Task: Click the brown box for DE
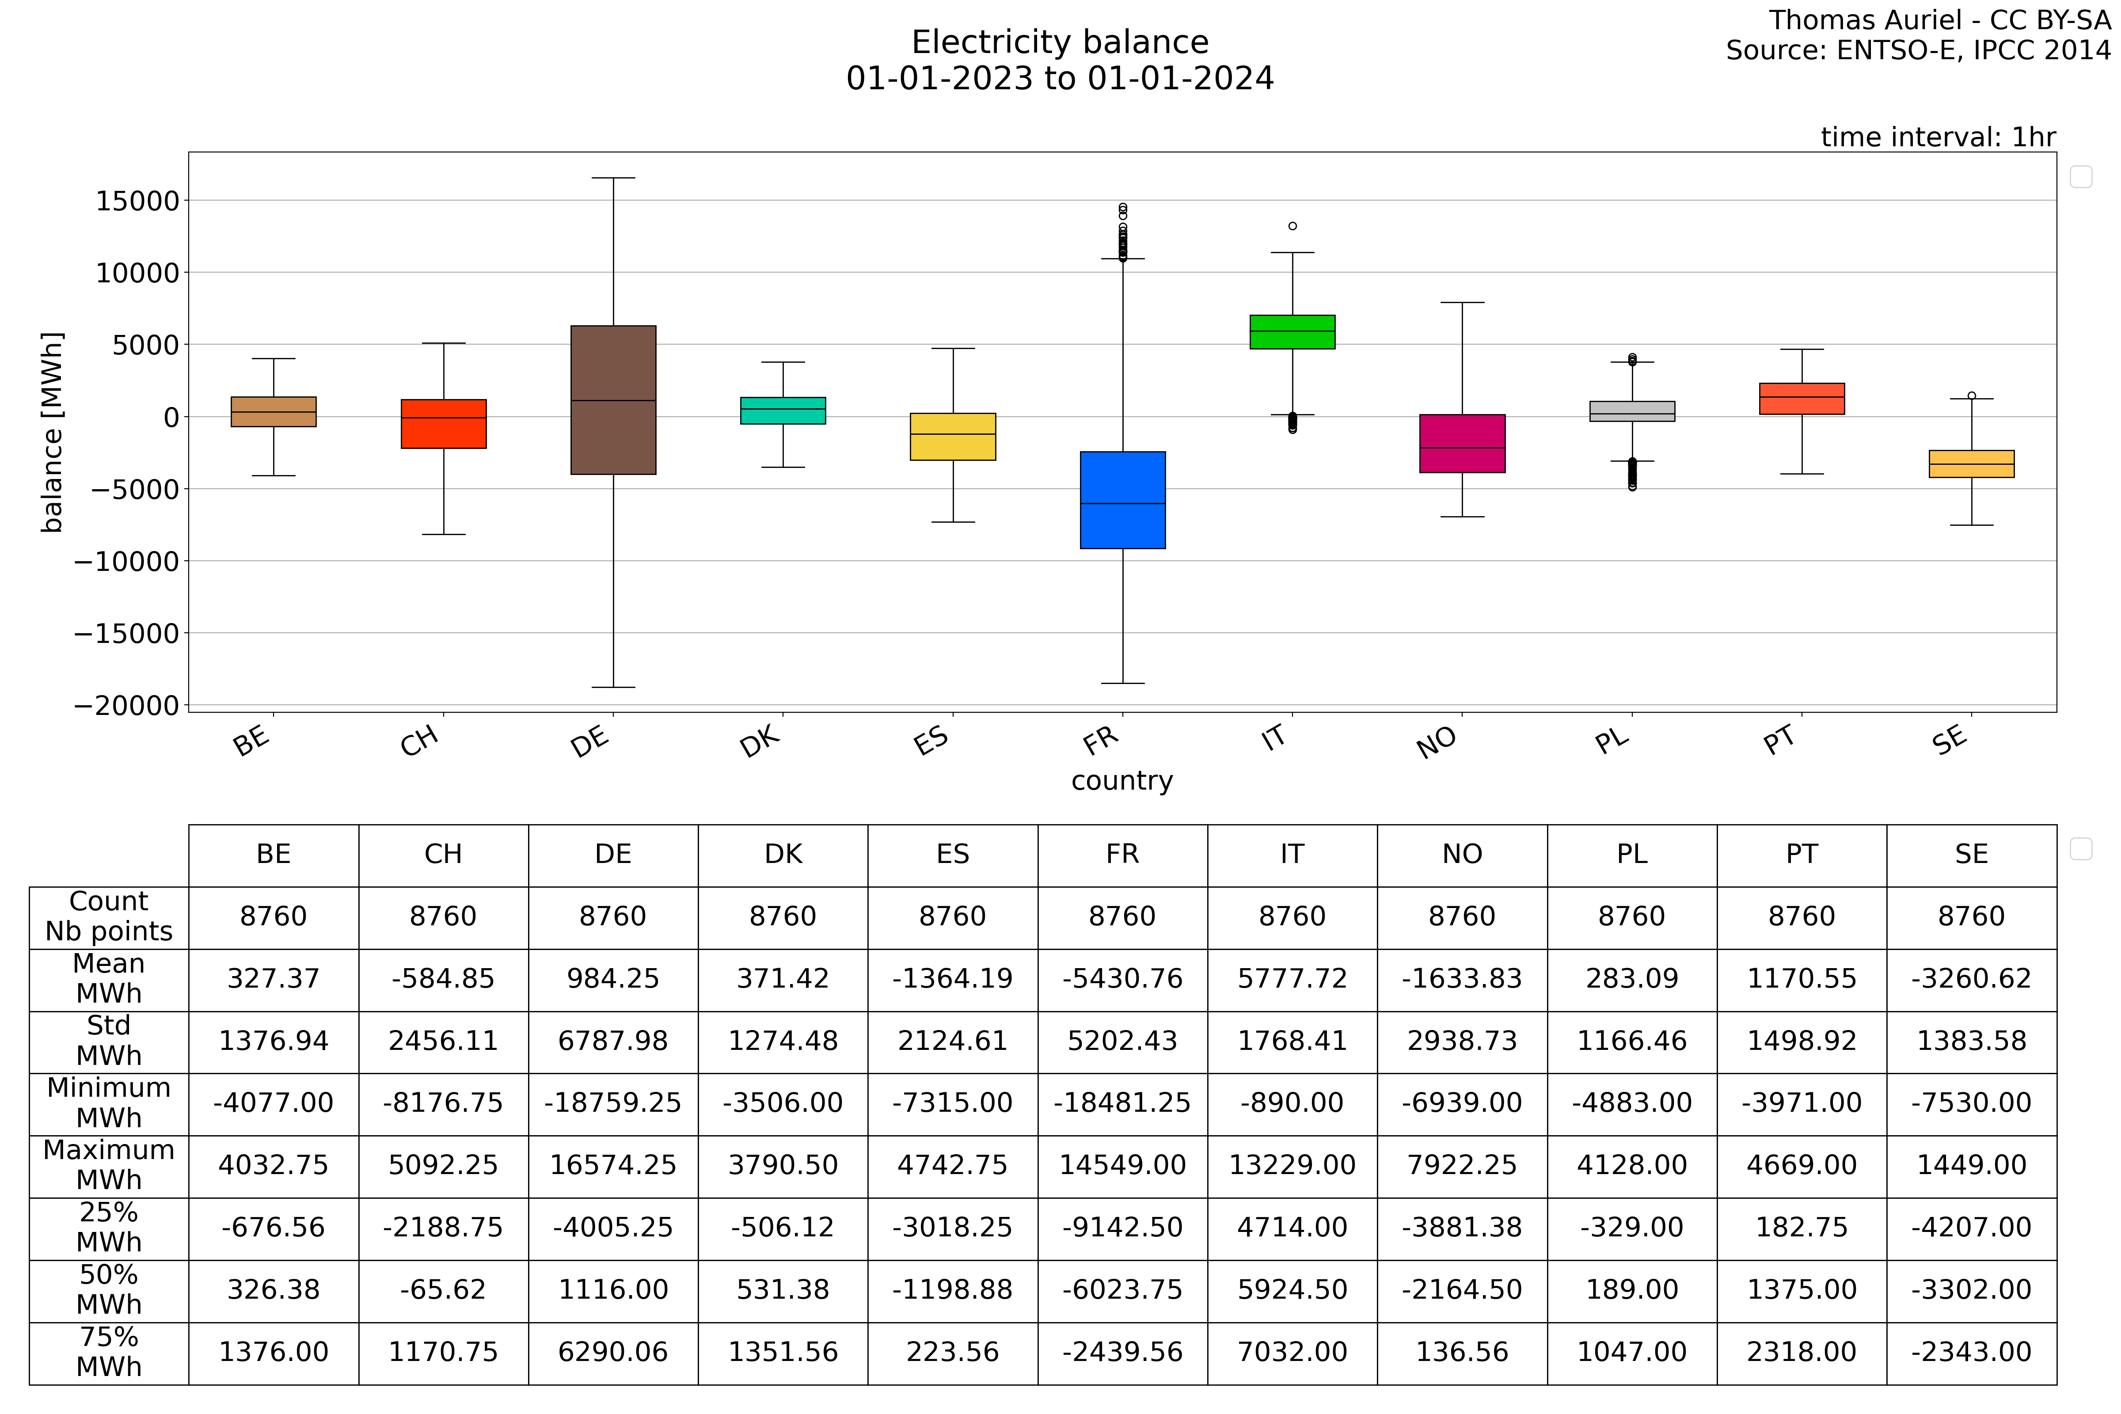tap(613, 399)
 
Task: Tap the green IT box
tap(1292, 332)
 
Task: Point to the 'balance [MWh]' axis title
tap(52, 433)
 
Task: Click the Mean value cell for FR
tap(1123, 978)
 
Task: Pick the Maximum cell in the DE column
tap(613, 1165)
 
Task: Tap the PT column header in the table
tap(1802, 854)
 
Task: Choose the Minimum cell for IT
tap(1292, 1103)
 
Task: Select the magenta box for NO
tap(1462, 444)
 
